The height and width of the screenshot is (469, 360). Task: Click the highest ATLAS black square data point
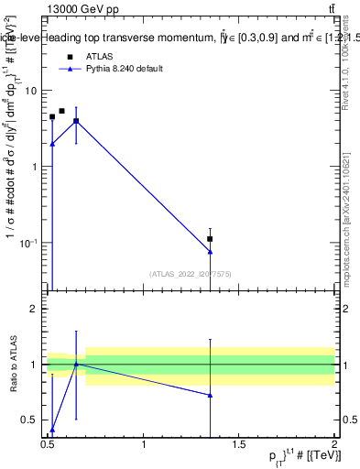point(61,111)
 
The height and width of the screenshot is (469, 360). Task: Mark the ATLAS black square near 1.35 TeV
point(210,239)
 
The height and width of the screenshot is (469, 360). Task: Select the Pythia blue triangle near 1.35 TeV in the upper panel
point(210,251)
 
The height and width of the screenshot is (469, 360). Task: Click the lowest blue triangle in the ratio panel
point(52,429)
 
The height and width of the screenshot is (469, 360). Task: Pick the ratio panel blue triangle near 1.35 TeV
point(210,395)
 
